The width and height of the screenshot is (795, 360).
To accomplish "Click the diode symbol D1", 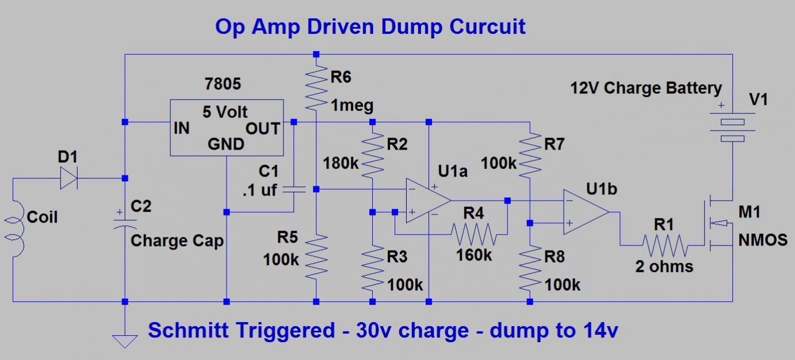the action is tap(69, 178).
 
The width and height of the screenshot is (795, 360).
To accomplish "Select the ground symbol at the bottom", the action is tap(125, 342).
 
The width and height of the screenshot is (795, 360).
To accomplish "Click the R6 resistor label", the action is tap(341, 77).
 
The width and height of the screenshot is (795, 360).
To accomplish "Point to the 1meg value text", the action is tap(352, 106).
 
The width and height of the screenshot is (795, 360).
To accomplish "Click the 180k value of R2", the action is tap(341, 163).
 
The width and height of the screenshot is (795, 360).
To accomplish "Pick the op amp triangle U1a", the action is tap(429, 200).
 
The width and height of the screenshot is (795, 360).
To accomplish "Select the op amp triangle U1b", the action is tap(586, 212).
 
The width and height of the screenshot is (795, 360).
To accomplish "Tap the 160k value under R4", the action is tap(474, 255).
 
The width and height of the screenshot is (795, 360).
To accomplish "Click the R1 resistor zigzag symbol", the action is tap(665, 245).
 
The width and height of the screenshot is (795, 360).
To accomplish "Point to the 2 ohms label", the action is tap(664, 266).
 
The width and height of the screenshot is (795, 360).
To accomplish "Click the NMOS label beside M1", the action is tap(763, 240).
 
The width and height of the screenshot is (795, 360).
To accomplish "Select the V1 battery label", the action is tap(758, 99).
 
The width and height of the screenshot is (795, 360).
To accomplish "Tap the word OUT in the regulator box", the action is tap(263, 129).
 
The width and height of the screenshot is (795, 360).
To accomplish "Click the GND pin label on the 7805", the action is tap(226, 144).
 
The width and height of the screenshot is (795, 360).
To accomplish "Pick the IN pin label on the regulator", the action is tap(181, 128).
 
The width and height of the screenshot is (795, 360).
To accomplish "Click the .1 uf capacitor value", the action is tap(259, 190).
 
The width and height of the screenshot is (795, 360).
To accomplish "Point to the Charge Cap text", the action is tap(177, 241).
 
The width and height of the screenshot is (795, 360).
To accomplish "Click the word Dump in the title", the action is tap(411, 27).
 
